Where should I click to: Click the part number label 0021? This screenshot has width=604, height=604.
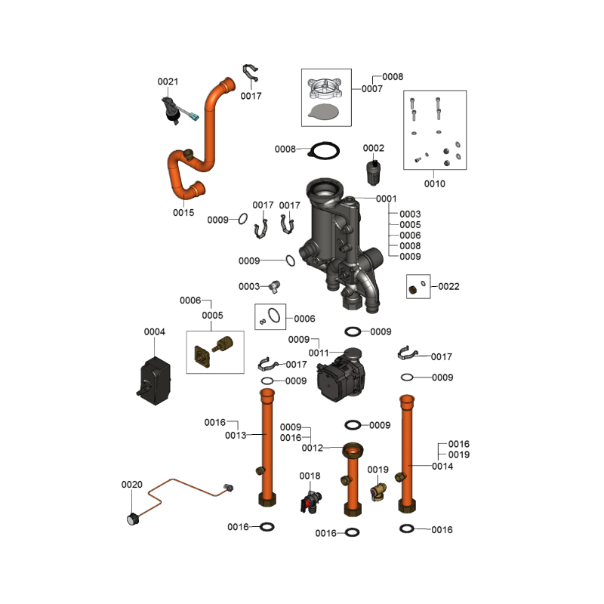click(x=168, y=82)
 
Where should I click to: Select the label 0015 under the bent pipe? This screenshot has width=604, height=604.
click(x=183, y=213)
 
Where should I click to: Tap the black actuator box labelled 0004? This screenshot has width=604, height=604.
click(x=155, y=381)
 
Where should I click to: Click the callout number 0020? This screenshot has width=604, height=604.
click(x=131, y=484)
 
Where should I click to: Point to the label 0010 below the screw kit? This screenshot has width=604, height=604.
click(x=435, y=183)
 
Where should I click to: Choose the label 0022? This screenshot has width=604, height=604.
click(x=448, y=286)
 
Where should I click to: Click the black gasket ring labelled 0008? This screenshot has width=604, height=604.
click(x=324, y=150)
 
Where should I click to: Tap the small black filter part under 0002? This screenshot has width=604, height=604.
click(x=373, y=173)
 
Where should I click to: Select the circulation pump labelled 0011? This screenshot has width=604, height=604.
click(x=341, y=375)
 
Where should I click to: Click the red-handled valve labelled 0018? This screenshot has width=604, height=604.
click(x=311, y=502)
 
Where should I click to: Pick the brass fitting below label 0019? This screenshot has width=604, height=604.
click(x=378, y=492)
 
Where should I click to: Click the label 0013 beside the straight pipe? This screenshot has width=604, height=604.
click(x=236, y=436)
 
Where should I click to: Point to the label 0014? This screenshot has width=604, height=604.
click(x=442, y=466)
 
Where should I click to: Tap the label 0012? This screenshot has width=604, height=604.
click(x=312, y=448)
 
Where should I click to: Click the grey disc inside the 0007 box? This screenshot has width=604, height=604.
click(x=324, y=111)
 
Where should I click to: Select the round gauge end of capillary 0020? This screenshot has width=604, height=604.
click(x=133, y=519)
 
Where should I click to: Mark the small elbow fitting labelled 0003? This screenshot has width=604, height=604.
click(x=274, y=287)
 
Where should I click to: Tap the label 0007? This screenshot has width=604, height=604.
click(x=371, y=88)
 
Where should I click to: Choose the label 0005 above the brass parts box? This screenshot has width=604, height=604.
click(x=212, y=315)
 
